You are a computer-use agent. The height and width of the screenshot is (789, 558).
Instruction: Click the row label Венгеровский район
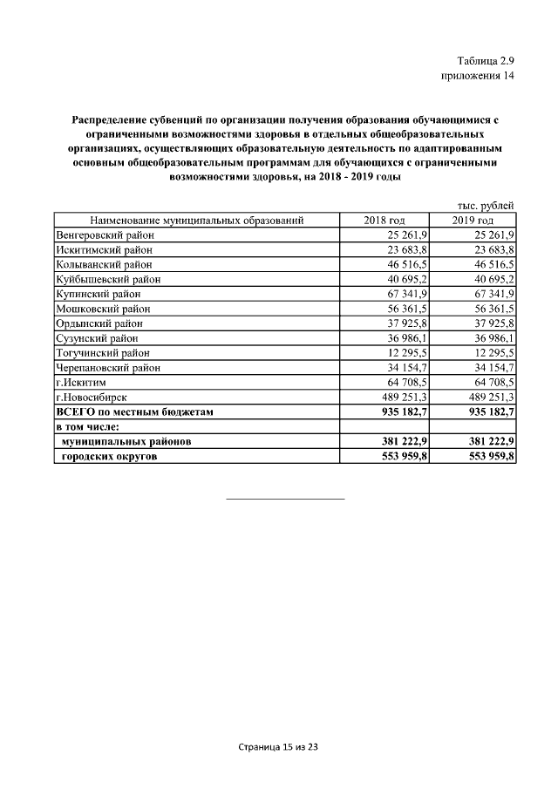coord(104,235)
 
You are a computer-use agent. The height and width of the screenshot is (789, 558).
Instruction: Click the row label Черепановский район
coord(108,367)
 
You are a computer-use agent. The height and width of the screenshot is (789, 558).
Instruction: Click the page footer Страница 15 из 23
coord(279,747)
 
